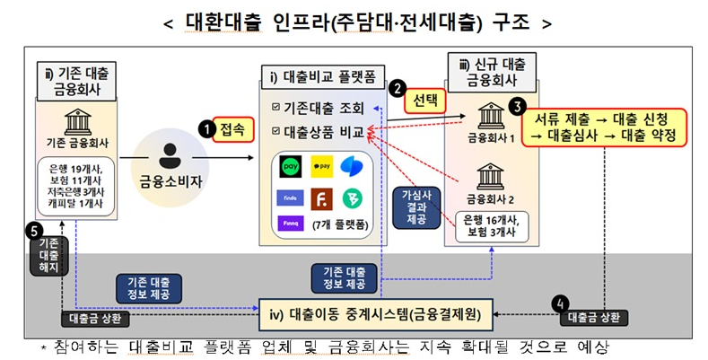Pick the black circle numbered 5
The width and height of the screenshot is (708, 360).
35,230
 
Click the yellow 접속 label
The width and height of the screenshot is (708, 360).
232,130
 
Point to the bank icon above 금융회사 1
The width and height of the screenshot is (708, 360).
490,115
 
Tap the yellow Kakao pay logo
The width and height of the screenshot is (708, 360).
321,167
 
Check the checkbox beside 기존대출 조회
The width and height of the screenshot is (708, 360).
275,109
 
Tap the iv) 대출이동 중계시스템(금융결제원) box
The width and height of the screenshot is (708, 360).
375,314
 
